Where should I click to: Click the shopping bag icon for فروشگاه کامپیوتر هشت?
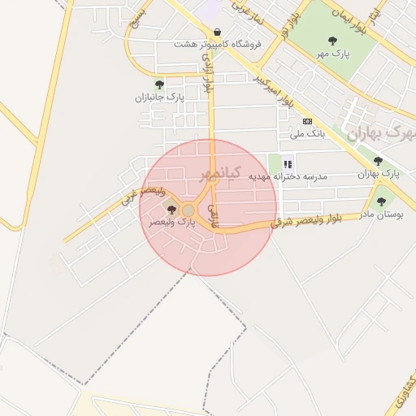[x=216, y=32]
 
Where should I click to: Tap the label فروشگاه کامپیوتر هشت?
[x=217, y=45]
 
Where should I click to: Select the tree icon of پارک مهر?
[x=332, y=41]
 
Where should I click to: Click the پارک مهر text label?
[x=332, y=54]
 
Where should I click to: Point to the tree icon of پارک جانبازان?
[x=159, y=84]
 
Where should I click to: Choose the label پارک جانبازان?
[x=160, y=97]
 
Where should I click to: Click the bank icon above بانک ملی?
[x=306, y=121]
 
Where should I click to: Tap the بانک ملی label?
[x=308, y=133]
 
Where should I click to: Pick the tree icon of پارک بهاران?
[x=378, y=162]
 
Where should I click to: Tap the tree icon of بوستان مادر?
[x=381, y=201]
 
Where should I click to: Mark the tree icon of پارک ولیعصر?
[x=171, y=210]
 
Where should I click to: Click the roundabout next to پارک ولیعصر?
[x=188, y=210]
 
